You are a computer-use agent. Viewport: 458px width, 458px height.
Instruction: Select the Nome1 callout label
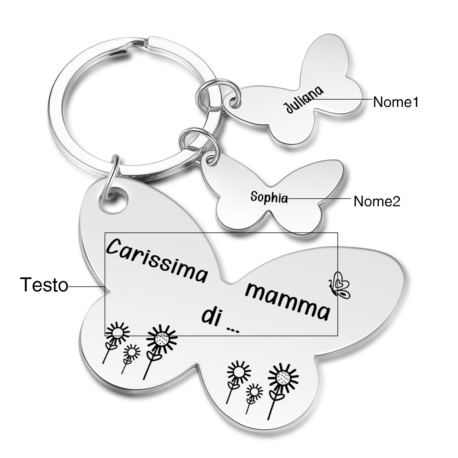[x=396, y=102]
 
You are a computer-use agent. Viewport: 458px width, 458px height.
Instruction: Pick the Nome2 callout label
[x=377, y=201]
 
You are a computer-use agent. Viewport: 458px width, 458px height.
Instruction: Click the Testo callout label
[x=44, y=285]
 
